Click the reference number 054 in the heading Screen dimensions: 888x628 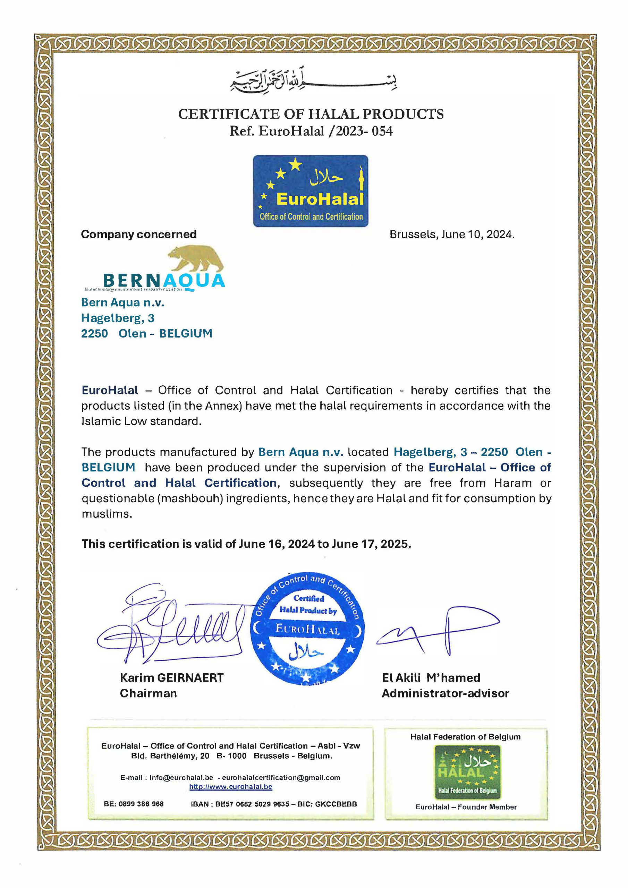pyautogui.click(x=382, y=131)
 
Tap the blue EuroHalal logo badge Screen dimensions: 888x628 pyautogui.click(x=310, y=191)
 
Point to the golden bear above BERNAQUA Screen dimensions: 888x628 pyautogui.click(x=196, y=258)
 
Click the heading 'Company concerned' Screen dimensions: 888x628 pyautogui.click(x=138, y=234)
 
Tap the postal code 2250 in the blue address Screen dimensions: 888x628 pyautogui.click(x=94, y=333)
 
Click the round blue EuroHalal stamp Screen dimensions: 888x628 pyautogui.click(x=307, y=629)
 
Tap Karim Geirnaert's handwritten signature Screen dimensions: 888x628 pyautogui.click(x=170, y=623)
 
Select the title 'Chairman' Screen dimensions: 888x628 pyautogui.click(x=148, y=693)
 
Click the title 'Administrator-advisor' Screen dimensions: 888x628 pyautogui.click(x=445, y=693)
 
